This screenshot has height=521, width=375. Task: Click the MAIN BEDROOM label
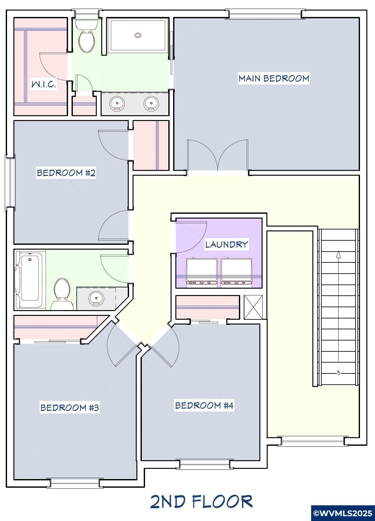[274, 78]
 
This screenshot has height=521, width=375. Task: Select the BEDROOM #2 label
[66, 173]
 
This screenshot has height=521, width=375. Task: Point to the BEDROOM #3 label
[70, 407]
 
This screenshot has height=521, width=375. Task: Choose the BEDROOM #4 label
[204, 405]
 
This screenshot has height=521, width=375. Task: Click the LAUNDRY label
[226, 244]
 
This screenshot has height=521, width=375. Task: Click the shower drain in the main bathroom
[138, 35]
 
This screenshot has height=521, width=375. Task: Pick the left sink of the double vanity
[117, 103]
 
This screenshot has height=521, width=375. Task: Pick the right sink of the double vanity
[151, 103]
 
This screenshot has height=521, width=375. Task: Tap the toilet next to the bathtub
[62, 294]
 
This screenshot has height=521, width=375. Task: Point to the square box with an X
[253, 307]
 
